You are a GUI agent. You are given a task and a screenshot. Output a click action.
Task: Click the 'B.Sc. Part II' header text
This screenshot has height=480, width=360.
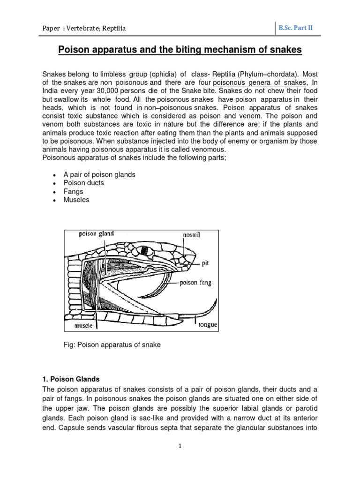(x=295, y=28)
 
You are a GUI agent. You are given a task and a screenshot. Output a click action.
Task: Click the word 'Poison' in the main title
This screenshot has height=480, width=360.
(x=74, y=49)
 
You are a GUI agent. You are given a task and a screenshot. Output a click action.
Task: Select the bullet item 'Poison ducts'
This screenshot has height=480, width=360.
(x=83, y=183)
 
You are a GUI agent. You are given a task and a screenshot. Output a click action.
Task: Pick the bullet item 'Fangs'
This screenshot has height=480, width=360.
(x=73, y=191)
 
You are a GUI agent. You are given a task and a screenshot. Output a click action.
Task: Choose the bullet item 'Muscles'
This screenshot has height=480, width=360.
(x=76, y=200)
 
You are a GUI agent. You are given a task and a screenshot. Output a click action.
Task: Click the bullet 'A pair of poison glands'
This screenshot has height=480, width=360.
(x=99, y=174)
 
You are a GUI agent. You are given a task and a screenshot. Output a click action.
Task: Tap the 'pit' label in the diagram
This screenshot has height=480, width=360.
(x=205, y=263)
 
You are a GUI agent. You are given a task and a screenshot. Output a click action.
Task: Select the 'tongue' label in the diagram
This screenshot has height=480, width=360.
(x=207, y=325)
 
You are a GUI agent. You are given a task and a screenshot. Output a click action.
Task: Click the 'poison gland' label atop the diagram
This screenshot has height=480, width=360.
(x=96, y=233)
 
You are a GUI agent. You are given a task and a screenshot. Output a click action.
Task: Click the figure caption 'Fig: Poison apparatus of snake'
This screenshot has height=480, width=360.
(x=112, y=345)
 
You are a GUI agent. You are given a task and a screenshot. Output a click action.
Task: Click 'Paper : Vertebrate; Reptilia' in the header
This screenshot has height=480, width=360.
(x=84, y=29)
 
